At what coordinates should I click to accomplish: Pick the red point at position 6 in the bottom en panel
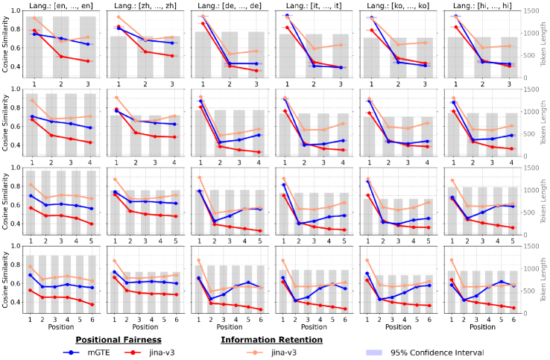pyautogui.click(x=91, y=305)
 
